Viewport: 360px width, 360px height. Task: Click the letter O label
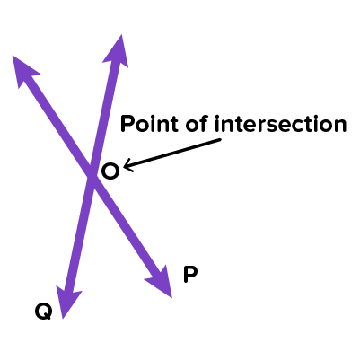coord(110,171)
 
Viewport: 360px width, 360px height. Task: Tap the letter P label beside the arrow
coord(190,275)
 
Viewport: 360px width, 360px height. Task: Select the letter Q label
coord(44,312)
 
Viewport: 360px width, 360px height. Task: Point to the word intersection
coord(280,124)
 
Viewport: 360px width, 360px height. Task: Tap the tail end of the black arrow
coord(220,139)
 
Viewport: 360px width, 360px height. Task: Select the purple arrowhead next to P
coord(161,282)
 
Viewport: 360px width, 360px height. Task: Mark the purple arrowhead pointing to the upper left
coord(23,70)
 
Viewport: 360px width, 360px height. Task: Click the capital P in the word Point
coord(127,124)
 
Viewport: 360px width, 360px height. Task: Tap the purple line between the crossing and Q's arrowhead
coord(81,233)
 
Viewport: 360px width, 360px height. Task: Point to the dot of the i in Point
coord(153,118)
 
